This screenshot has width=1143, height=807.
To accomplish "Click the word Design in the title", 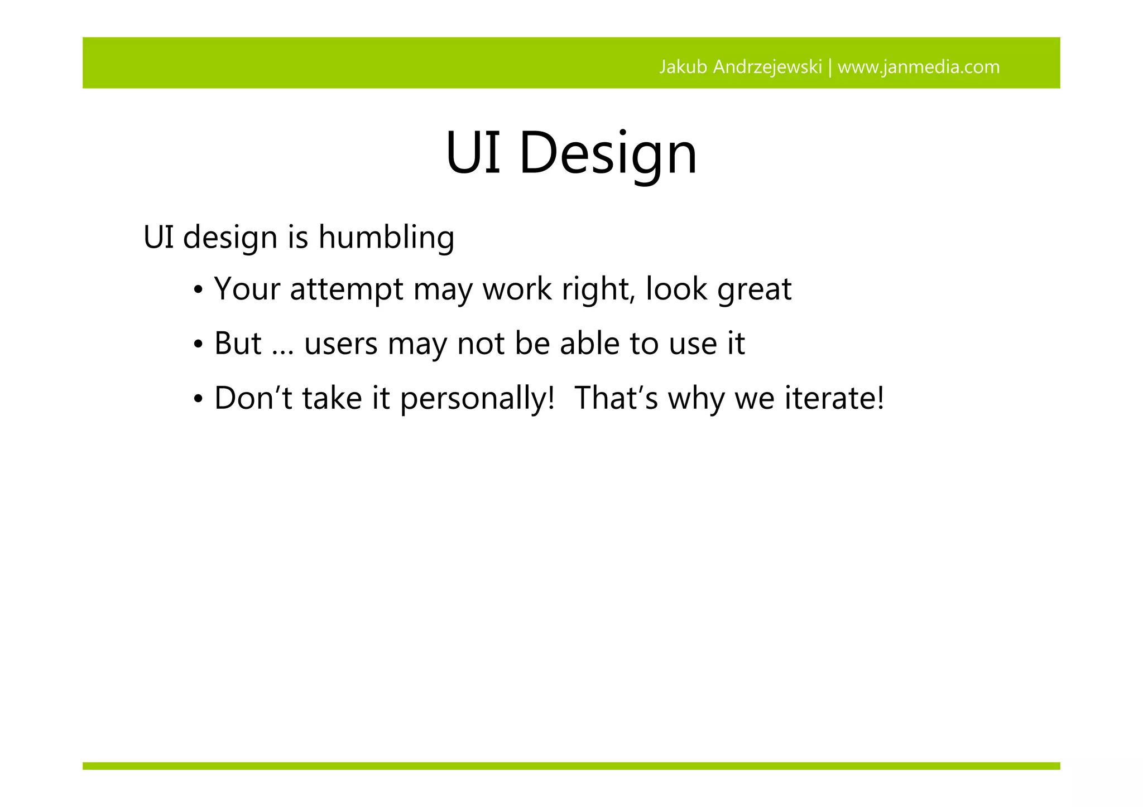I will pos(608,153).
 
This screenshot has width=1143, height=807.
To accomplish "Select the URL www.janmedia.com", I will pos(919,67).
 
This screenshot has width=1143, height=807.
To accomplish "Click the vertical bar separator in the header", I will pos(830,67).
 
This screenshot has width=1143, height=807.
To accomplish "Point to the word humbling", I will pos(386,237).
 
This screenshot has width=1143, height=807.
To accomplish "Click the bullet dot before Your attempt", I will pos(198,291).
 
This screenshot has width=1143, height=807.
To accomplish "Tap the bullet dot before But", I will pos(198,345).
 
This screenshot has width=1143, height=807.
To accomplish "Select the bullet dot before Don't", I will pos(198,400).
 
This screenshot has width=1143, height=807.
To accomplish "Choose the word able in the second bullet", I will pos(589,343).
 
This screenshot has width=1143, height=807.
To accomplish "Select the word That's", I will pos(616,398).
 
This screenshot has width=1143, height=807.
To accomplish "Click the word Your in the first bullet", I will pos(247,289).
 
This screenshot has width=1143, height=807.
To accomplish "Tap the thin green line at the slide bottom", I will pos(571,766).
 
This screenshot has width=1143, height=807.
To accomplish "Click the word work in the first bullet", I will pos(516,289).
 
